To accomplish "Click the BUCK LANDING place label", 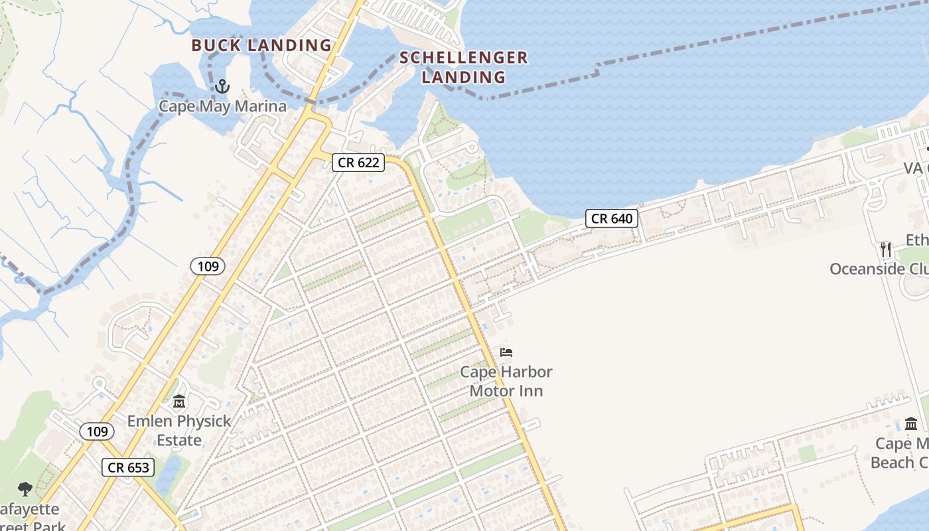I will pos(261,46).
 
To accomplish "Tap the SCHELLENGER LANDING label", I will pos(463,67).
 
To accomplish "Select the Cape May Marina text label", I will pos(222,106).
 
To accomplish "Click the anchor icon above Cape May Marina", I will pos(222,86).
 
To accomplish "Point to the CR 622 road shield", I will pos(358,162).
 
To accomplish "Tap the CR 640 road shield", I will pos(611,218).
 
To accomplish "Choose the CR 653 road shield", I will pos(129,467).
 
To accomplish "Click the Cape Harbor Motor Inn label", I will pos(506,381).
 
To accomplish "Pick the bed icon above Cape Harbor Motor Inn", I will pos(506,352).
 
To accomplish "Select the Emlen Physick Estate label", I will pos(179,430).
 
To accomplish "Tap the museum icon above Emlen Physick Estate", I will pos(179,402).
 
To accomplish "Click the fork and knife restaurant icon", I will pos(886,250).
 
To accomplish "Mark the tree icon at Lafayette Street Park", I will pos(25,490).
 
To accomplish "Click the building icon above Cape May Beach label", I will pos(911,423).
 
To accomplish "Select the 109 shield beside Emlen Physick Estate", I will pos(97,431).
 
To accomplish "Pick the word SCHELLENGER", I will pos(463,58).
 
